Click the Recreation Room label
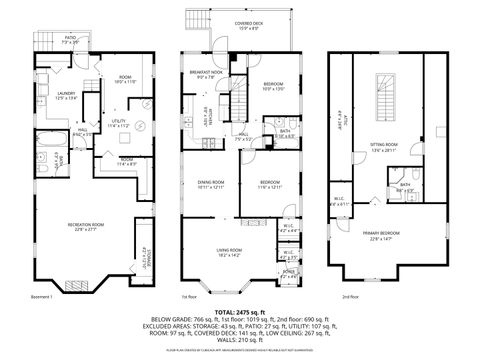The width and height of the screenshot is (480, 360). pos(89,226)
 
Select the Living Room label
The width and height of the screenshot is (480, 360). pos(233,253)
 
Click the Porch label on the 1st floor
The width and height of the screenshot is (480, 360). pos(288,272)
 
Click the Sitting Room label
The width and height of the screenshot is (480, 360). pos(384,147)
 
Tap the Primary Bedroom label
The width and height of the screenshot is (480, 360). pos(384,236)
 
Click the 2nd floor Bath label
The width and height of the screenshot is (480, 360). pos(405,186)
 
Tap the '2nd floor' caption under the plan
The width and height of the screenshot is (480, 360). pos(350,297)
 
